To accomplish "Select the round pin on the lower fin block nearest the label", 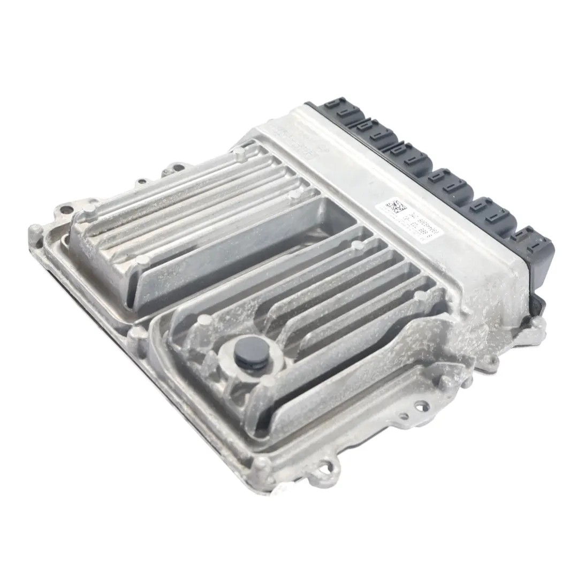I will (x=355, y=246).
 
